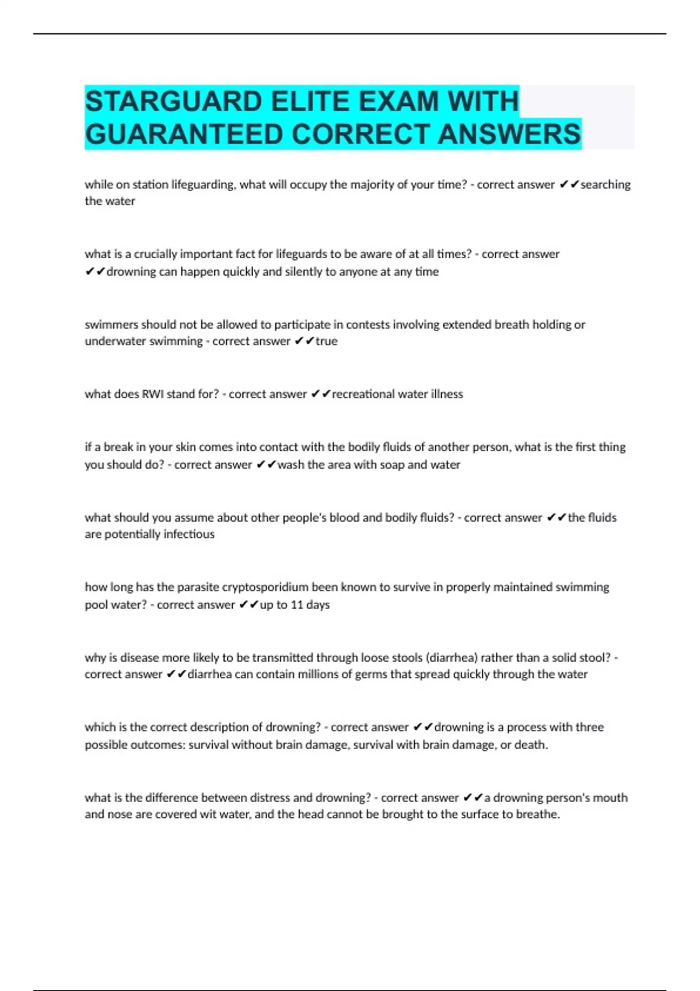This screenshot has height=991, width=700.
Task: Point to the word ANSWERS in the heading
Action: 509,134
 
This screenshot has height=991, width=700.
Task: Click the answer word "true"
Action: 327,341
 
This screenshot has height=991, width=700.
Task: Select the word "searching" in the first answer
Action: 605,185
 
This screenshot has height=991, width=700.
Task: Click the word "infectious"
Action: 188,534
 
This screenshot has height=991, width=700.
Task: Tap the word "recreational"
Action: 363,394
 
